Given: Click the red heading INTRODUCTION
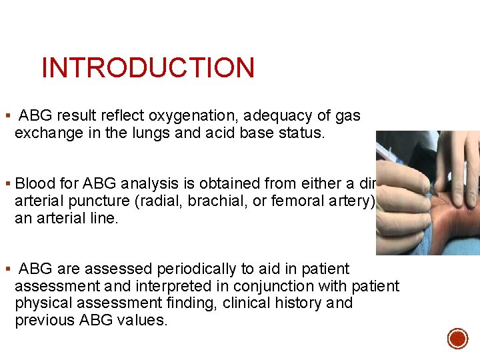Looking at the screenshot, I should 147,68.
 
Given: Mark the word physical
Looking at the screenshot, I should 41,303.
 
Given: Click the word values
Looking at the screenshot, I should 143,321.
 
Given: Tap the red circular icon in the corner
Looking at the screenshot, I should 457,338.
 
